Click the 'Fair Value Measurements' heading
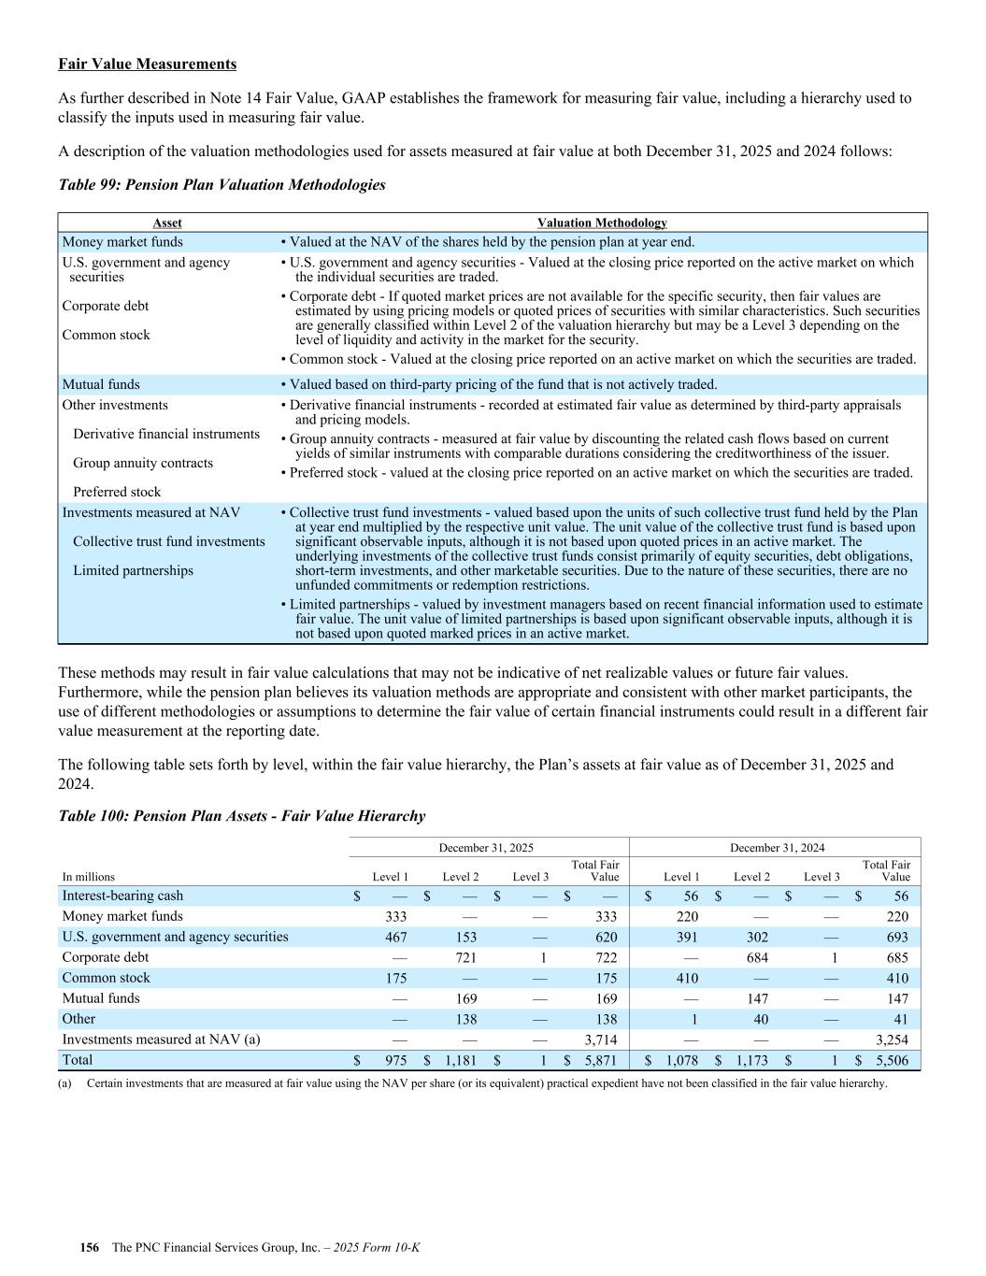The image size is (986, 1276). click(147, 64)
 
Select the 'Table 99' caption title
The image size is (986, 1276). click(221, 184)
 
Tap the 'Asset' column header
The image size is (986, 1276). click(167, 222)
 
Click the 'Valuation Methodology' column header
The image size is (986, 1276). click(602, 222)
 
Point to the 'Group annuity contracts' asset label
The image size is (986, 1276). click(143, 463)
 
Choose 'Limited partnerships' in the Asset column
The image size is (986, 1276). click(133, 570)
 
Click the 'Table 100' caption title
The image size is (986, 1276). click(241, 815)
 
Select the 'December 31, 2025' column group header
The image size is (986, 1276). click(486, 848)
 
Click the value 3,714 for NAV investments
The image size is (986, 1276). click(600, 1039)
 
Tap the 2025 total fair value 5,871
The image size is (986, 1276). click(600, 1061)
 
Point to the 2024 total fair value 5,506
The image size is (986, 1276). click(891, 1061)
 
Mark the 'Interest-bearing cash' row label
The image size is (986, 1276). click(122, 896)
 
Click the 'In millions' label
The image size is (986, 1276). click(89, 877)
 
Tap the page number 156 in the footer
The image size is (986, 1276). click(90, 1248)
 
